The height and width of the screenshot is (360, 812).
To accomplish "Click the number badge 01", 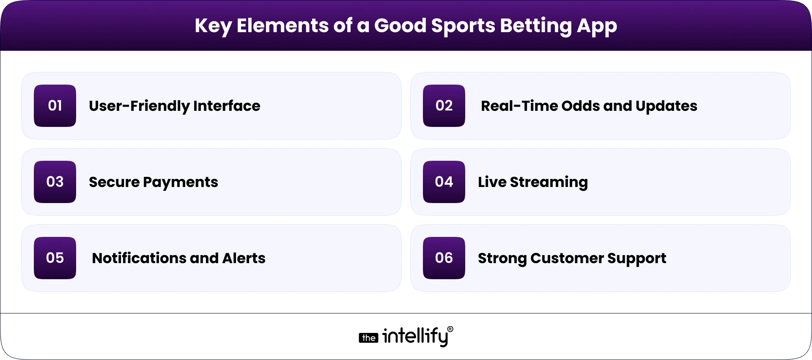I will coord(55,106).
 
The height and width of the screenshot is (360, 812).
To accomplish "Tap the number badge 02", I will coord(444,106).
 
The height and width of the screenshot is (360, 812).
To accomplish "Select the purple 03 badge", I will coord(55,182).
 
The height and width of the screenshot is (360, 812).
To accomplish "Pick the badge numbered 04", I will coord(444,182).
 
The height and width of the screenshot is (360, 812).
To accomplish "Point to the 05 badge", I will coord(55,258).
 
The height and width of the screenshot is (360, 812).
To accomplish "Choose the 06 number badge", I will coord(444,258).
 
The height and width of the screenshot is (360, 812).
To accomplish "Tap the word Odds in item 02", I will coord(580,106).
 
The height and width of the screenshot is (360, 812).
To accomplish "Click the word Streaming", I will coord(549,182).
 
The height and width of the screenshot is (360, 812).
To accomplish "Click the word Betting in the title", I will coord(536,26).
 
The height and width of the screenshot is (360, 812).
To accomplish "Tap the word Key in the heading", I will coord(213,26).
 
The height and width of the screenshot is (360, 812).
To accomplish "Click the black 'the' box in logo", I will coord(368,338).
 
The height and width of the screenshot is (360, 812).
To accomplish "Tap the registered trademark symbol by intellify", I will coord(450,329).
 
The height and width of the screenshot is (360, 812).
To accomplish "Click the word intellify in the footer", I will coord(415,336).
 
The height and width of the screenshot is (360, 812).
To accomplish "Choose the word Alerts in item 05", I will coord(244,258).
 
